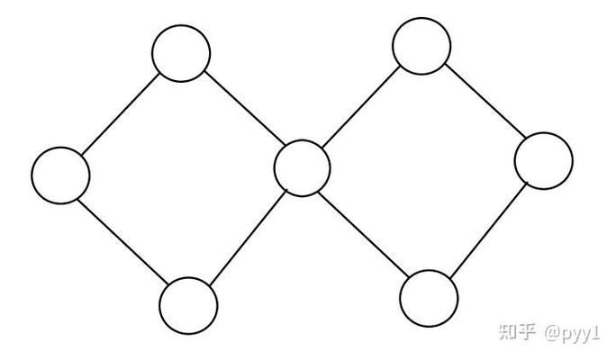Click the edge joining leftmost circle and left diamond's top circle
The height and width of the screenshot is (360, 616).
[x=120, y=113]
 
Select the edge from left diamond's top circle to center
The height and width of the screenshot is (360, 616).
[x=244, y=108]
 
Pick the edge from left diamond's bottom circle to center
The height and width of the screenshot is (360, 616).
[x=249, y=238]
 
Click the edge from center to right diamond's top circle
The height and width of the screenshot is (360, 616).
[x=360, y=107]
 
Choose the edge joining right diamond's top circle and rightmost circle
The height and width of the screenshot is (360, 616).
[x=485, y=101]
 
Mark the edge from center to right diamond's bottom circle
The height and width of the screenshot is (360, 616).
[x=364, y=234]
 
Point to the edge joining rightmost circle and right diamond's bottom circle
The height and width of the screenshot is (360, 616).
[x=488, y=230]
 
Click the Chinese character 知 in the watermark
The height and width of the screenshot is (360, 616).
[x=508, y=332]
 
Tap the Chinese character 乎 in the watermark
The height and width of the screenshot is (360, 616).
[x=527, y=332]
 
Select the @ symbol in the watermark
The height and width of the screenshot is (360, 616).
[x=552, y=333]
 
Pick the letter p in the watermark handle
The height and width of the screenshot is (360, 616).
[x=566, y=335]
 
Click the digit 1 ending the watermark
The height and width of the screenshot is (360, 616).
[x=596, y=333]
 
